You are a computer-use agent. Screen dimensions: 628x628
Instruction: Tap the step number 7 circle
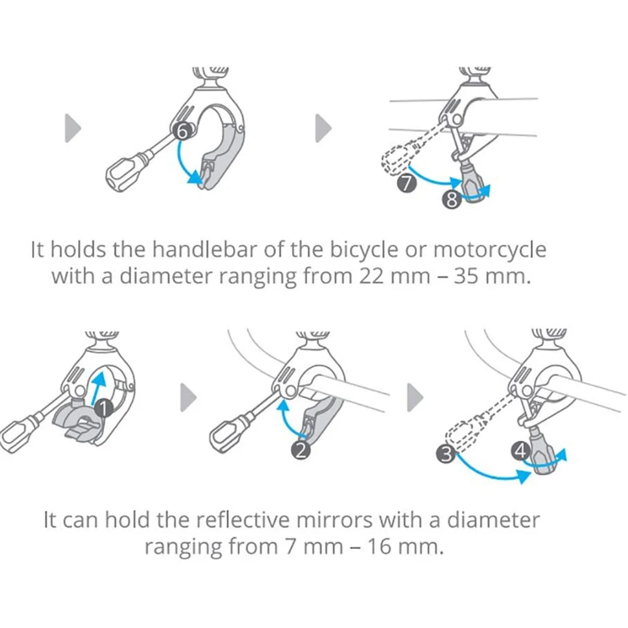[x=406, y=185]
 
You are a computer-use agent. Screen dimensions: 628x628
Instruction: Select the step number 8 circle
[x=451, y=200]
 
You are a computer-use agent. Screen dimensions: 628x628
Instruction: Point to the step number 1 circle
[x=105, y=409]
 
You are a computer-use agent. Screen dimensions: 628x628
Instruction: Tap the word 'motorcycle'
[x=489, y=250]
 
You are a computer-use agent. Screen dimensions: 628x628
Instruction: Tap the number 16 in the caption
[x=374, y=546]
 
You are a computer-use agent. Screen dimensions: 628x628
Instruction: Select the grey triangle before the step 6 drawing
[x=73, y=129]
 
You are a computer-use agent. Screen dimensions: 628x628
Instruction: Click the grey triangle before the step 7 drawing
[x=323, y=129]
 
